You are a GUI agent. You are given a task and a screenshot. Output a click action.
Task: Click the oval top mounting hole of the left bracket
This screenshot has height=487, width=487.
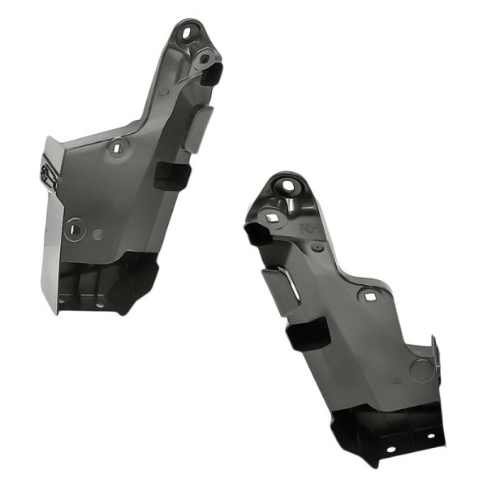(x=188, y=34)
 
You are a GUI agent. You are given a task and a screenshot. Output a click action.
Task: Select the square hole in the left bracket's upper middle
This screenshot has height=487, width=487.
(x=119, y=148)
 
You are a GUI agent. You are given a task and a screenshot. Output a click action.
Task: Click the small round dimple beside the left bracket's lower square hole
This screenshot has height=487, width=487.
(x=98, y=235)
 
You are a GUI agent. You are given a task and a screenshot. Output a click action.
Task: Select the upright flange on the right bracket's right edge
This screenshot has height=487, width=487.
(x=434, y=357)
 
